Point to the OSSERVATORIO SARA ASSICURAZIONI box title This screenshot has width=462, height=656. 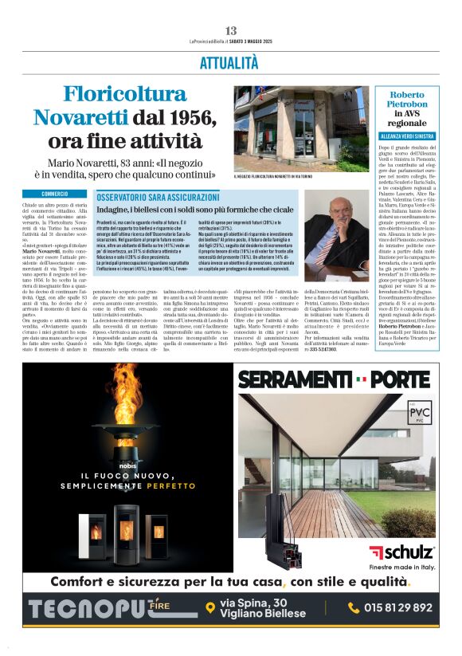point(158,196)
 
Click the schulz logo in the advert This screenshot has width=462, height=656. point(401,552)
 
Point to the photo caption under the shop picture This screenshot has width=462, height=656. point(273,177)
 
